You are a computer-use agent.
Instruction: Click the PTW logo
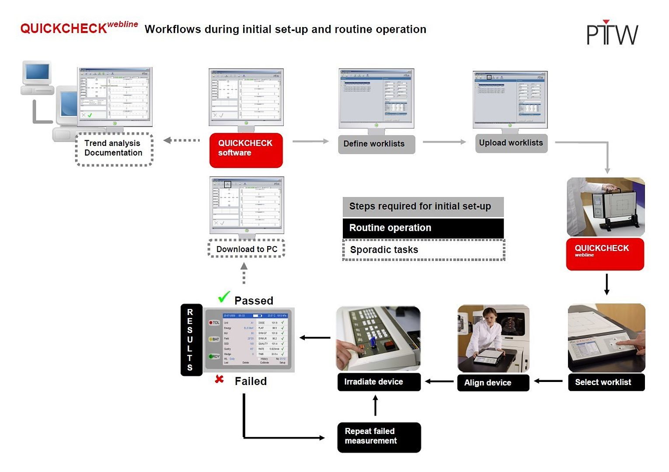pos(612,33)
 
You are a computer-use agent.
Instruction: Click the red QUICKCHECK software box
pos(246,150)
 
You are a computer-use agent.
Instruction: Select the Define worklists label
pos(376,144)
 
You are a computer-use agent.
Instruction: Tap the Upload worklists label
pos(511,143)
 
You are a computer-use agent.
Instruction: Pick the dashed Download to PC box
pos(247,249)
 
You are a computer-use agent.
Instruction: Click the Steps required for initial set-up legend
pos(423,206)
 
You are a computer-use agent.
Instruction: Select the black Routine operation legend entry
pos(423,228)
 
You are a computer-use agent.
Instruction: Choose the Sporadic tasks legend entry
pos(423,250)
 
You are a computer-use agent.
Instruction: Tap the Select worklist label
pos(606,382)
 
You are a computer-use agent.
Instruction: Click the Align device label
pos(493,383)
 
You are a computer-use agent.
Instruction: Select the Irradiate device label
pos(379,382)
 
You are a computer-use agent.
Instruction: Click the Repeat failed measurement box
pos(379,437)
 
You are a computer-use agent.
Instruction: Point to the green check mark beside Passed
pos(224,297)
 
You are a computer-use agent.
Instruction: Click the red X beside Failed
pos(220,379)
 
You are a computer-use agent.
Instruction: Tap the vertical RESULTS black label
pos(191,340)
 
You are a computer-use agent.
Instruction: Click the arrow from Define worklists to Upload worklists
pos(444,142)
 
